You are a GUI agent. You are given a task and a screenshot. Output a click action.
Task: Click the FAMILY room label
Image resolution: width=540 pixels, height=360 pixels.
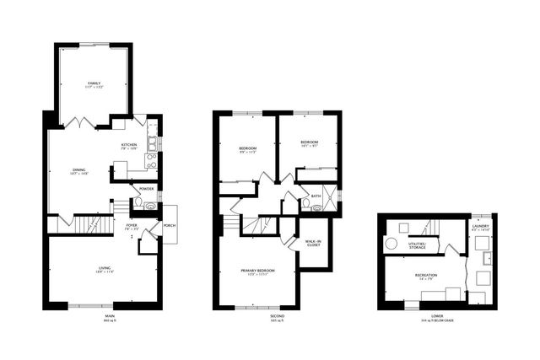(94, 84)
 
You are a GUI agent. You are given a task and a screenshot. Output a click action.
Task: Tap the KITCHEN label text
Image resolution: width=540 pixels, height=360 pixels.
(129, 146)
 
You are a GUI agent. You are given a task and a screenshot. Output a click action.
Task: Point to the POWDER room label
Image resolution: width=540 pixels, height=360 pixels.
(146, 189)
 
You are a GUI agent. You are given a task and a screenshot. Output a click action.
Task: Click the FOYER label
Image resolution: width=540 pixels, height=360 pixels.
(132, 227)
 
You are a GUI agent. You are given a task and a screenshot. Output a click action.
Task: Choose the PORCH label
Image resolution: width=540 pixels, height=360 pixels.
(169, 226)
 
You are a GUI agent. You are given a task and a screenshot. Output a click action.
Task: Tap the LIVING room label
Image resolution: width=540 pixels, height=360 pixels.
(102, 269)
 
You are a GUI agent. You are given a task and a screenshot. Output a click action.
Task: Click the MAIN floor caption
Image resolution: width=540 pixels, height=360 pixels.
(108, 319)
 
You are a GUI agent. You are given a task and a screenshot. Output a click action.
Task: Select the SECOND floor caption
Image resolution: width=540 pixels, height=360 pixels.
(277, 319)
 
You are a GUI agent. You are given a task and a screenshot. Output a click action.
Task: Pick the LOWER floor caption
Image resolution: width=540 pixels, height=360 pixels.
(436, 319)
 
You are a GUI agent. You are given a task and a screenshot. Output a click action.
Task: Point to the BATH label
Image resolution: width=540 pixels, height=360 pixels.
(316, 196)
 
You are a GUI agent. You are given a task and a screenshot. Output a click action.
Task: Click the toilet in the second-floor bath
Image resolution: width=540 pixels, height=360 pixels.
(317, 207)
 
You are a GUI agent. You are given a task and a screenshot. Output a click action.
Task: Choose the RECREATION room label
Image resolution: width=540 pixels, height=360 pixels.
(425, 276)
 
